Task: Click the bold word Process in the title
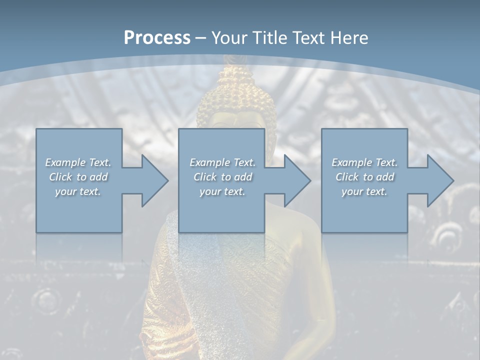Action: [157, 37]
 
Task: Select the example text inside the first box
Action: [78, 177]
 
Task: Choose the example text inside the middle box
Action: [222, 177]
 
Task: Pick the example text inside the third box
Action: [364, 177]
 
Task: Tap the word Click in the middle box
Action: [205, 177]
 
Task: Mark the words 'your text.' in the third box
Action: [364, 191]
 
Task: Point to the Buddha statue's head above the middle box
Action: [236, 100]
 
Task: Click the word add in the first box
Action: [99, 177]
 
